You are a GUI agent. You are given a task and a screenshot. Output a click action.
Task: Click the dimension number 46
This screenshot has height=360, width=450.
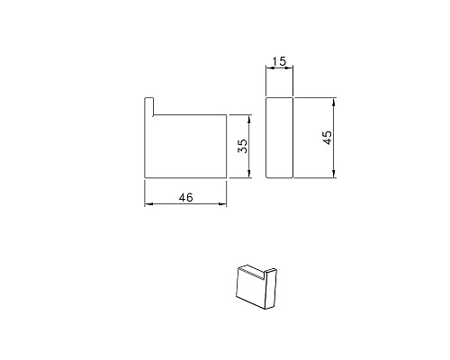click(186, 197)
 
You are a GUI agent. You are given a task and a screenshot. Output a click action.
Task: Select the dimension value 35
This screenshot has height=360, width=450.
click(242, 146)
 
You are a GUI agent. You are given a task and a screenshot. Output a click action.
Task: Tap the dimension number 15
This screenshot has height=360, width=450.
click(279, 61)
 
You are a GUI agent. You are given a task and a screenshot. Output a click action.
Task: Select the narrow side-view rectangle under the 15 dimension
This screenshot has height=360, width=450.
click(281, 138)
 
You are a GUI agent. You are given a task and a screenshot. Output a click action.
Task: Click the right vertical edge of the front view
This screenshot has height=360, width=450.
click(226, 146)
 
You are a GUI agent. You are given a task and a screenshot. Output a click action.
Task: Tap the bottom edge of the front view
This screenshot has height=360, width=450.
click(185, 178)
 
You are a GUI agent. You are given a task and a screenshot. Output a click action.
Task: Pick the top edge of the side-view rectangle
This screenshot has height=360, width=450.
click(281, 97)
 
